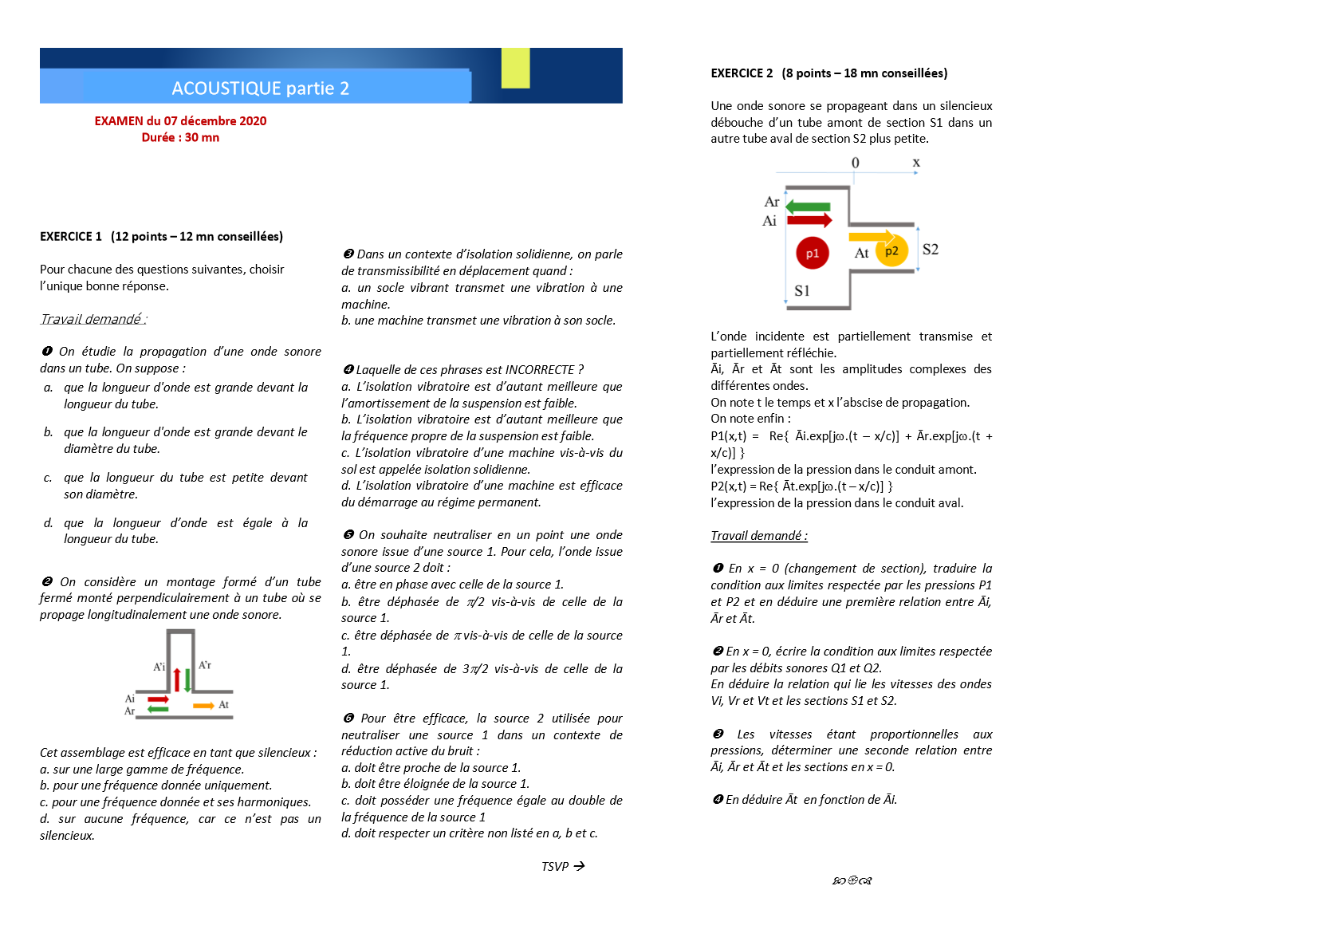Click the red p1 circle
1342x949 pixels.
[x=812, y=254]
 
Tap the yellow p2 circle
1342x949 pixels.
[x=891, y=251]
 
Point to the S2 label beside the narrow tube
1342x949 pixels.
[x=930, y=250]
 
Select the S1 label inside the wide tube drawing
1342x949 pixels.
[x=802, y=291]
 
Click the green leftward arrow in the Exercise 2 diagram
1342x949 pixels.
[x=808, y=207]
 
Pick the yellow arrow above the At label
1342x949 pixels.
[x=872, y=236]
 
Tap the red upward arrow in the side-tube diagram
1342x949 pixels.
[x=177, y=679]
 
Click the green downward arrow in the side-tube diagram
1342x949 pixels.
[x=188, y=679]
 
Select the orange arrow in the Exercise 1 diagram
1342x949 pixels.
[x=203, y=706]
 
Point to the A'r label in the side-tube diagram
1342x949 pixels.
[x=205, y=665]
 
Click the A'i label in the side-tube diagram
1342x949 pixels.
[x=159, y=667]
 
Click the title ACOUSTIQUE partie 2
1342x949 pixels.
[x=260, y=89]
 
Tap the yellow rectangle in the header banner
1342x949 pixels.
[x=515, y=68]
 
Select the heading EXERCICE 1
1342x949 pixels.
[x=71, y=237]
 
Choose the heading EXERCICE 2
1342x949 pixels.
[x=742, y=73]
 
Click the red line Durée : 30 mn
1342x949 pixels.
[x=180, y=138]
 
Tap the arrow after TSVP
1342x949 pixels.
[x=579, y=866]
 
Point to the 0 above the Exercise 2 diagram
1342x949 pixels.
[x=856, y=163]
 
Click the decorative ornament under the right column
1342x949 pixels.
[x=852, y=881]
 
